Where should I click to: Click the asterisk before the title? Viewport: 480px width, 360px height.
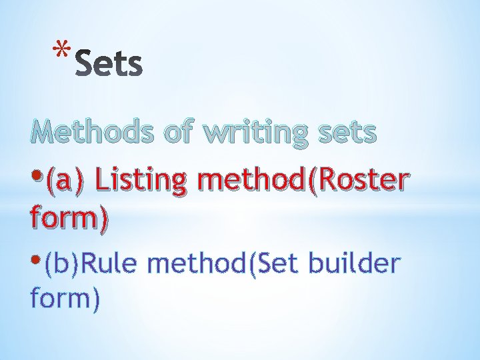(x=62, y=51)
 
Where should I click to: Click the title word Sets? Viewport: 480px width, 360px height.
(x=109, y=65)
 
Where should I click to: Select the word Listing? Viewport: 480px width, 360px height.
(x=137, y=180)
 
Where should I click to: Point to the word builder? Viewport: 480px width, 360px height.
(x=357, y=264)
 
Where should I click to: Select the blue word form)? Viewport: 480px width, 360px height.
(x=65, y=299)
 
